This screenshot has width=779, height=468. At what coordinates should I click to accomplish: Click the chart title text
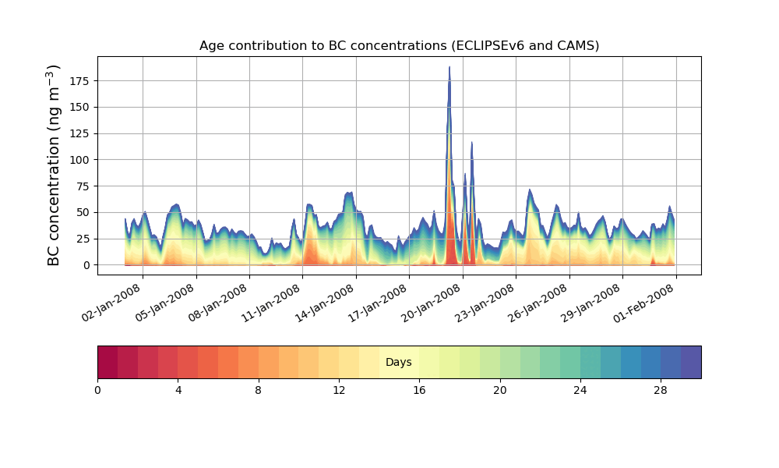pos(399,45)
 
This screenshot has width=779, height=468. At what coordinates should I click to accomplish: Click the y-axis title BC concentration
pos(54,165)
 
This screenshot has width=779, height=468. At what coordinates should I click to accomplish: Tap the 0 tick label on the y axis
pos(87,265)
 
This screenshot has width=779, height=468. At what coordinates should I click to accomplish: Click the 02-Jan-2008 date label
pos(112,308)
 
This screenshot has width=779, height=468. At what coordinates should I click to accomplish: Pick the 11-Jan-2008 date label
pos(272,308)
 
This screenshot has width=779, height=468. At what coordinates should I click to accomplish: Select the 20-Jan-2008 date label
pos(432,308)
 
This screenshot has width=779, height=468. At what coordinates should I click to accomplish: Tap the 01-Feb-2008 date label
pos(646,308)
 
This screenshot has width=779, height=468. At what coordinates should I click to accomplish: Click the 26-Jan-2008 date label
pos(539,308)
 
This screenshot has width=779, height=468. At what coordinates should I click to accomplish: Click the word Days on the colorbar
pos(399,363)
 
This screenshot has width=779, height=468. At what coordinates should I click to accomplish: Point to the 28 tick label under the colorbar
pos(661,390)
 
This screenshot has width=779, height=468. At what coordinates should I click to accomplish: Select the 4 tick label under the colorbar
pos(178,390)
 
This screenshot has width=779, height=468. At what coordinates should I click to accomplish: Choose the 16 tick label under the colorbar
pos(419,390)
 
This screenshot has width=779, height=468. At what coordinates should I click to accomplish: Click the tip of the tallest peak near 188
pos(449,68)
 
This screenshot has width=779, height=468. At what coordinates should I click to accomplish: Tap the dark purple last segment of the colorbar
pos(691,362)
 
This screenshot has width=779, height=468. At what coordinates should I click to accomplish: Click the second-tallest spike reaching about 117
pos(472,143)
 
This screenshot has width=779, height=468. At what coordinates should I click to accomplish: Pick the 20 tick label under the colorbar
pos(499,390)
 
